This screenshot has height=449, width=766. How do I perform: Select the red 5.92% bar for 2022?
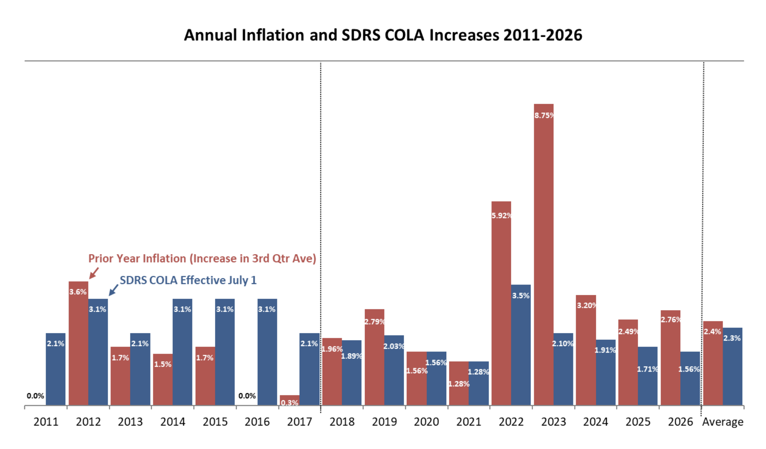click(501, 303)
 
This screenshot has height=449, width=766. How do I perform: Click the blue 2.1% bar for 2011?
click(55, 369)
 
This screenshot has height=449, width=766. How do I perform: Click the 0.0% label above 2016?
click(247, 396)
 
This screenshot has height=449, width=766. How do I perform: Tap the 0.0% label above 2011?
click(35, 396)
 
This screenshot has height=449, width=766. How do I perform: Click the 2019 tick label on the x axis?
click(384, 422)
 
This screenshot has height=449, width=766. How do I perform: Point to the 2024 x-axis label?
click(596, 422)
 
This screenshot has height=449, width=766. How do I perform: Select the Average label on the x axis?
click(722, 422)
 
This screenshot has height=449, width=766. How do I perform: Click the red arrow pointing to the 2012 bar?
click(94, 273)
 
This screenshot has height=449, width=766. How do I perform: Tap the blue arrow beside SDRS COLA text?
click(113, 290)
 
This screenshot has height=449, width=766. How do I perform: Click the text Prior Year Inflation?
click(138, 259)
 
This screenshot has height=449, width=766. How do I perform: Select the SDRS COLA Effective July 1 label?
click(188, 280)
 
